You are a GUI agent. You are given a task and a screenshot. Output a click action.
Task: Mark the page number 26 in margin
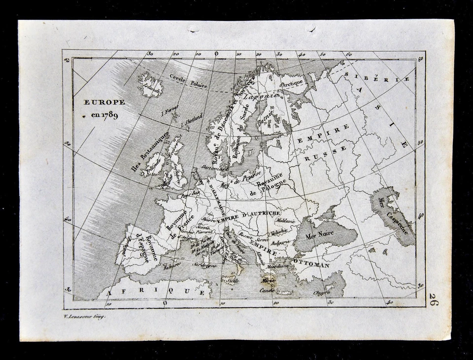pos(433,299)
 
